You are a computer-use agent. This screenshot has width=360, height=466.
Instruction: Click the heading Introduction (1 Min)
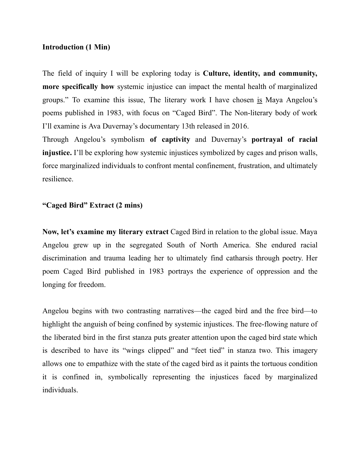click(76, 47)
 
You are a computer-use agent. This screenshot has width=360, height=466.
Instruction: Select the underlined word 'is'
click(259, 100)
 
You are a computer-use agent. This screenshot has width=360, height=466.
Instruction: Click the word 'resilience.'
click(58, 179)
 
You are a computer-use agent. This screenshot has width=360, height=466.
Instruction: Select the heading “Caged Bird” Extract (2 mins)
click(92, 205)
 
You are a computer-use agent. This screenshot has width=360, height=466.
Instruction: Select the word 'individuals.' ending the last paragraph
click(60, 390)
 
